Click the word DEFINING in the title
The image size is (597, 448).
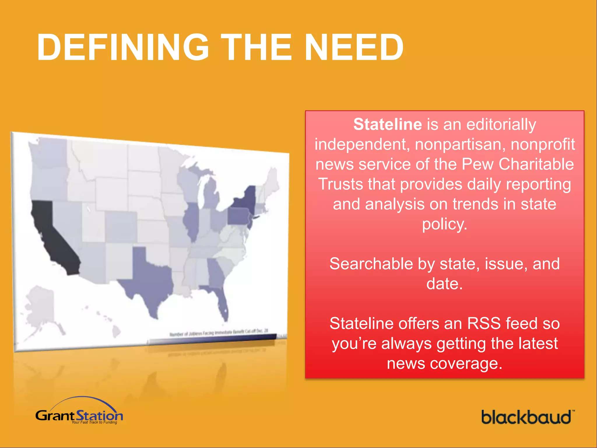pyautogui.click(x=122, y=47)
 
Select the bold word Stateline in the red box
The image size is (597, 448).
pyautogui.click(x=387, y=125)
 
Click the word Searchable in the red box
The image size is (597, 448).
pyautogui.click(x=371, y=264)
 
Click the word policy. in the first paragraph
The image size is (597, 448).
pyautogui.click(x=444, y=224)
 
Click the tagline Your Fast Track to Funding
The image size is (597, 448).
pyautogui.click(x=94, y=422)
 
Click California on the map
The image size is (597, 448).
pyautogui.click(x=55, y=239)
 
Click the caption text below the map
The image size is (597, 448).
pyautogui.click(x=219, y=332)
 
